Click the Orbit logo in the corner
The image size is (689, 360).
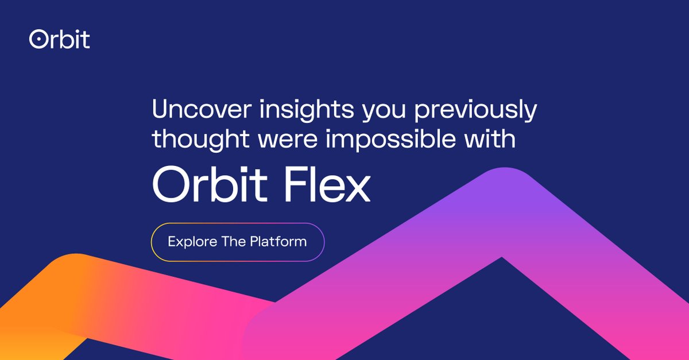[x=60, y=39]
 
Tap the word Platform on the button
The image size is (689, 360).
[x=278, y=242]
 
